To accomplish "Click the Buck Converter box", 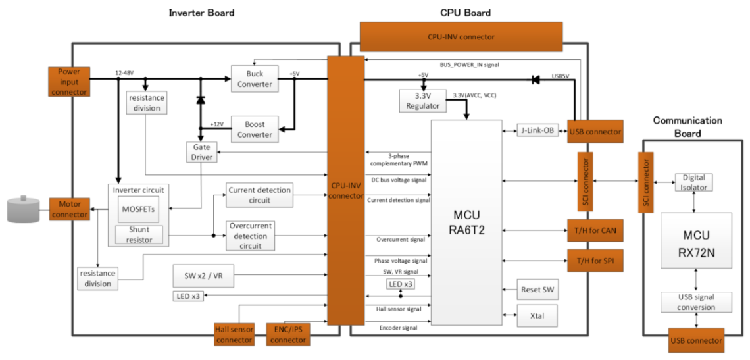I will coord(255,78).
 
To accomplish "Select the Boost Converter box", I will coord(255,129).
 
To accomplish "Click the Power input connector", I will coord(68,82).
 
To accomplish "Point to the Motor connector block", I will coord(70,209).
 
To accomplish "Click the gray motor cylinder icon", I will coord(24,209).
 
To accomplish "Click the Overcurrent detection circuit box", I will coord(250,236).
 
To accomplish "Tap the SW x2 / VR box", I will coord(203,276).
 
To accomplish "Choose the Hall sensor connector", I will coord(234,334).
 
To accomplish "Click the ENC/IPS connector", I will coord(288,334).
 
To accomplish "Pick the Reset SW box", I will coord(537,290).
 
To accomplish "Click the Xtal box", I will coord(537,317).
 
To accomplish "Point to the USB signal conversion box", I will coord(696,301).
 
